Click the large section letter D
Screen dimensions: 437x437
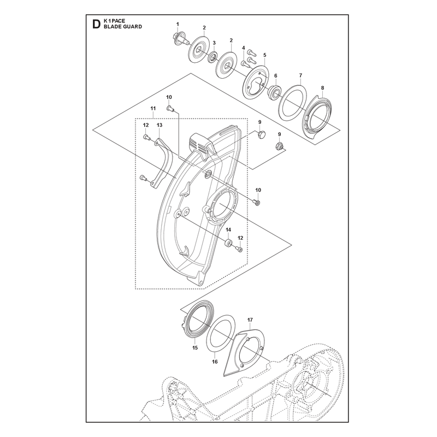click(96, 24)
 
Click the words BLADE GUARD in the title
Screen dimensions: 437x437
click(122, 27)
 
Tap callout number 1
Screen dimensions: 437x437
click(178, 24)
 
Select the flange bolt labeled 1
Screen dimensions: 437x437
click(179, 39)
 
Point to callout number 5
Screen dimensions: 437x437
click(265, 55)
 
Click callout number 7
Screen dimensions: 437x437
click(300, 75)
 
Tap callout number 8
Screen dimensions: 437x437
click(322, 88)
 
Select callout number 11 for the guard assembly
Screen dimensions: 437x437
click(153, 108)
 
